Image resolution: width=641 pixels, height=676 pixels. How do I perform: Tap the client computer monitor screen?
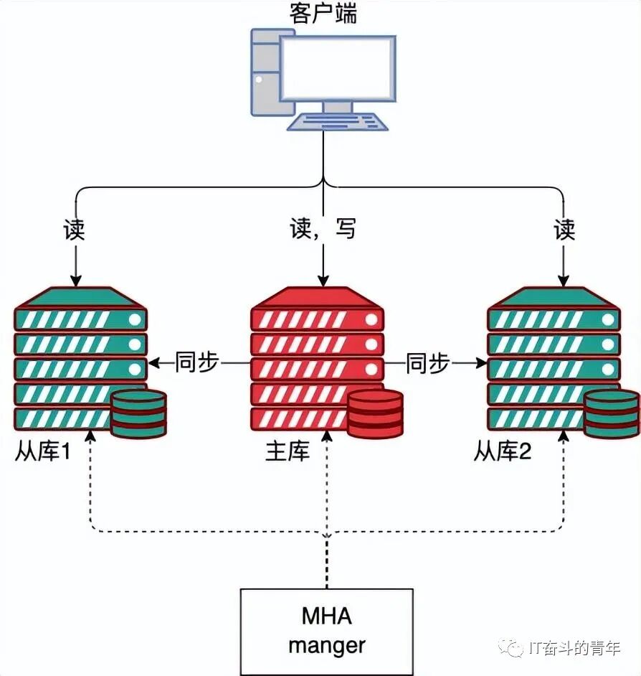[337, 68]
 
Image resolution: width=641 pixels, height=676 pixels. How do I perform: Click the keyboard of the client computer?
[337, 123]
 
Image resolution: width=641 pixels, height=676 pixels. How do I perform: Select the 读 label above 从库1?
[74, 230]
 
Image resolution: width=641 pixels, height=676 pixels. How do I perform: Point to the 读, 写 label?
[323, 230]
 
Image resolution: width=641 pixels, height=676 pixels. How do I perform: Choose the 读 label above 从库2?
[564, 230]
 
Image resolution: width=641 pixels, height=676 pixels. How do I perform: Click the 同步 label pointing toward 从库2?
[427, 363]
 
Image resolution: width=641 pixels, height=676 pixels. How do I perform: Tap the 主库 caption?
[288, 451]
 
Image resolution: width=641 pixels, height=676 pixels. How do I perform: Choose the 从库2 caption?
[503, 451]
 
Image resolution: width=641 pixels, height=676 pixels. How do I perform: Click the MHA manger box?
[326, 632]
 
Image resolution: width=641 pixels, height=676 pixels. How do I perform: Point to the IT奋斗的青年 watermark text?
[574, 648]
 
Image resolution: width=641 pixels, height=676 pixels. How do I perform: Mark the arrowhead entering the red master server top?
[324, 282]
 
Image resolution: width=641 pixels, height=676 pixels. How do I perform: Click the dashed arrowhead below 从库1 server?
[89, 436]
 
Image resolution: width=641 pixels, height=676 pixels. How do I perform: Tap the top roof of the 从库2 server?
[553, 296]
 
